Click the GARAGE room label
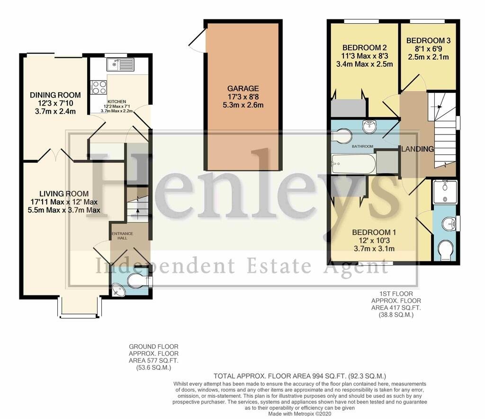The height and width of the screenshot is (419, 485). tap(243, 89)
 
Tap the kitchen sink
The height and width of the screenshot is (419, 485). tap(120, 65)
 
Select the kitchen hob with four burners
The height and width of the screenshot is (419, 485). tap(99, 87)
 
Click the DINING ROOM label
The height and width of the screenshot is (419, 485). tap(55, 95)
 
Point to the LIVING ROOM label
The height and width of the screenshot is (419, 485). tap(64, 194)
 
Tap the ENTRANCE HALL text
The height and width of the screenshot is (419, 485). tap(122, 236)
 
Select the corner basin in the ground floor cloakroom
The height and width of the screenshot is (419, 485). tap(117, 290)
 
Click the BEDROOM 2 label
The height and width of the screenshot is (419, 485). tap(364, 48)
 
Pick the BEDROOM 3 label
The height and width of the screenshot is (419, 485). tap(428, 41)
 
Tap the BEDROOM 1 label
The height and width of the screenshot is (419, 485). tap(374, 232)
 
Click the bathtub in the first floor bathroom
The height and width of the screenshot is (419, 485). tap(353, 164)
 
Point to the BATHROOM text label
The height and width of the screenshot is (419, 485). tap(362, 146)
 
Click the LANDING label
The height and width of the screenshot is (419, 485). tap(418, 149)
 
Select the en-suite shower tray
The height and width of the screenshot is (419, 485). tap(445, 192)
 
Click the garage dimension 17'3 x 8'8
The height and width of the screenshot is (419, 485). tap(243, 97)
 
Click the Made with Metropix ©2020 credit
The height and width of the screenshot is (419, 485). tap(300, 413)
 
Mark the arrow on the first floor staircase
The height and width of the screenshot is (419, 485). tap(438, 107)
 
